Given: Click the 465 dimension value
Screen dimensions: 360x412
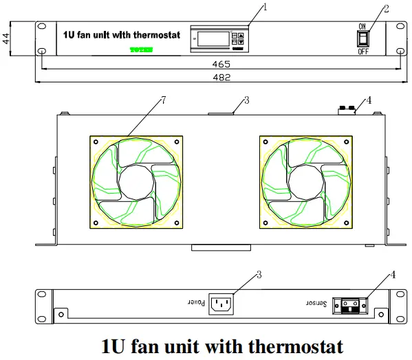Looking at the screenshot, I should [x=221, y=64].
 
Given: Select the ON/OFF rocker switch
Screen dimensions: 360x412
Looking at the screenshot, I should [x=362, y=38].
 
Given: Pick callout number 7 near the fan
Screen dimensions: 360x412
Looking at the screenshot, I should [x=164, y=101].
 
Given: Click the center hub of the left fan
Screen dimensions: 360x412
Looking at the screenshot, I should [x=136, y=181].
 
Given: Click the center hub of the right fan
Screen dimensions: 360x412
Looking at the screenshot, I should [x=305, y=181].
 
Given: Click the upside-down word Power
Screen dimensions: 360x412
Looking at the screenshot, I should [x=195, y=302].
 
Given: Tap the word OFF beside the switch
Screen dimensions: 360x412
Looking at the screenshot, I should [x=362, y=52].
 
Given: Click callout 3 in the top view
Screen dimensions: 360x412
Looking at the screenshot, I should [x=246, y=100].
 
